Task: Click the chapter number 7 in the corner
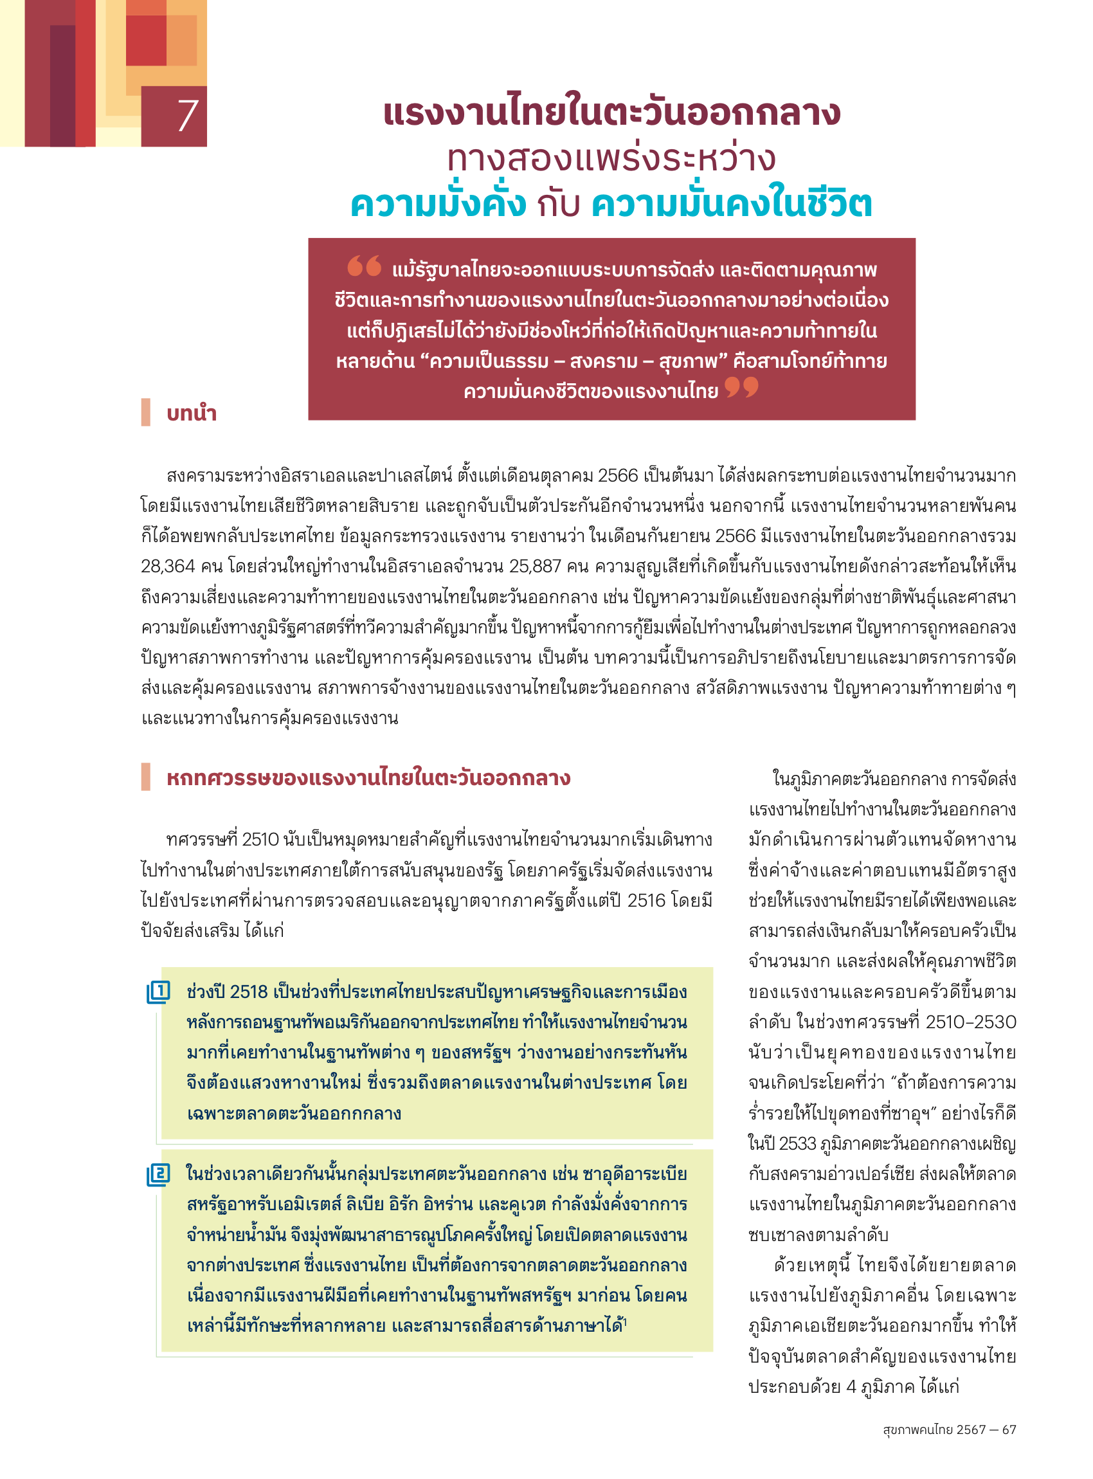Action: [x=187, y=116]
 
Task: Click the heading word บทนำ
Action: [x=191, y=413]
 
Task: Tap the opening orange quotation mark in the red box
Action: [x=364, y=266]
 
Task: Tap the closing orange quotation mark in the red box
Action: [x=741, y=386]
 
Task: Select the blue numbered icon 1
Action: [x=159, y=992]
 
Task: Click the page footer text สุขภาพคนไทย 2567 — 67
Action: [x=949, y=1429]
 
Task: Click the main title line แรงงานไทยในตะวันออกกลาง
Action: [x=611, y=113]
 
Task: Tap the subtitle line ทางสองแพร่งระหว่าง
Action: [x=611, y=159]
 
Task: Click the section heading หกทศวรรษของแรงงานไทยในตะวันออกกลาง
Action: [x=368, y=777]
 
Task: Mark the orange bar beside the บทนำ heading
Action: [x=145, y=412]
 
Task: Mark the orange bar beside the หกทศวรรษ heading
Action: [x=145, y=777]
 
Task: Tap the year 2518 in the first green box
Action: [x=249, y=992]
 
